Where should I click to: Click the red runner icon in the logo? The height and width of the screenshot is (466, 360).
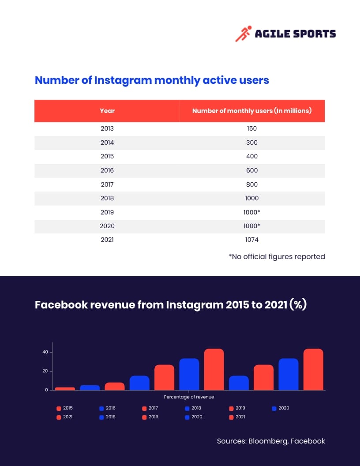242,34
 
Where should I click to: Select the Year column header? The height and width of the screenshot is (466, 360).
107,111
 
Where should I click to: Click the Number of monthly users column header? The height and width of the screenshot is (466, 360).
252,111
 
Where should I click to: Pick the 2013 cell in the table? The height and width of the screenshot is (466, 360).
107,128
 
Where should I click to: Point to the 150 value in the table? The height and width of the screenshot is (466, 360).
252,128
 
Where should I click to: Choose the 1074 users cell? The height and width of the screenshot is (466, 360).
252,240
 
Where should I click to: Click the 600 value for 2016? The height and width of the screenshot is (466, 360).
252,170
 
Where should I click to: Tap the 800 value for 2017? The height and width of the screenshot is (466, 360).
252,184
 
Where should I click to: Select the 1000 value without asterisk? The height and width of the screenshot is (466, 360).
252,198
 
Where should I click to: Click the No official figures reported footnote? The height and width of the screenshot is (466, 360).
277,256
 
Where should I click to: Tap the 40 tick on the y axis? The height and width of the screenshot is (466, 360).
45,352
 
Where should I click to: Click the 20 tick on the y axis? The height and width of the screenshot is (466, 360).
45,371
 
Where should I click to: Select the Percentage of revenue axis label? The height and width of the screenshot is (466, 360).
189,397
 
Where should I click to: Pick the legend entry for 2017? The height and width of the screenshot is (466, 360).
150,408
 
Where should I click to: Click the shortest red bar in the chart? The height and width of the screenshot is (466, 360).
65,388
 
